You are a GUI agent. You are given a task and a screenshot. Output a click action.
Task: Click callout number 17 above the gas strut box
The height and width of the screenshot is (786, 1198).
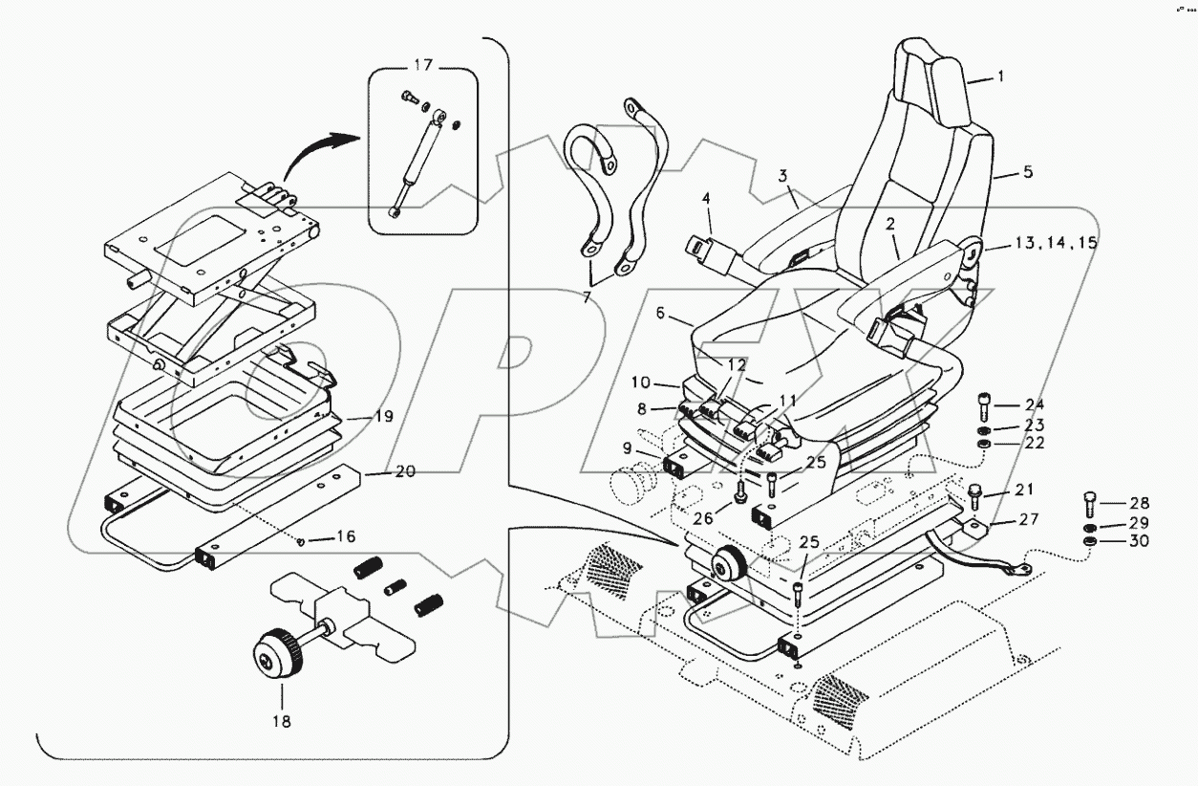(422, 65)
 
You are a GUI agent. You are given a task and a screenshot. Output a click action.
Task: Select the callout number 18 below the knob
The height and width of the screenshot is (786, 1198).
(283, 721)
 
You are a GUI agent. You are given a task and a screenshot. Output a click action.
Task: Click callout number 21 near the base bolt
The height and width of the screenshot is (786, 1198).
(1024, 490)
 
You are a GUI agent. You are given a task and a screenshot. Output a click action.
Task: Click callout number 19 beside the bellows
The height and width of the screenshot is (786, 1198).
(355, 418)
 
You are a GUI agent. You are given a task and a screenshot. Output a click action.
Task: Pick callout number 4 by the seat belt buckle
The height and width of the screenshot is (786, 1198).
(707, 199)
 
